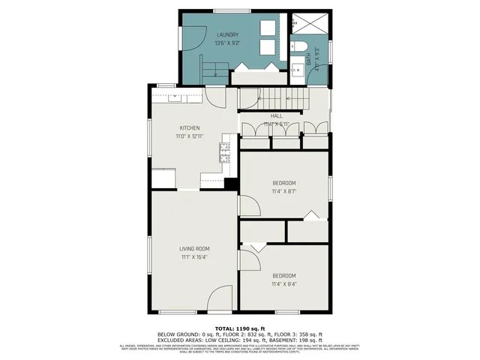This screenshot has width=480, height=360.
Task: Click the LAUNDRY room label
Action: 227,34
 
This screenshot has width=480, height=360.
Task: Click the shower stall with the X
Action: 309,22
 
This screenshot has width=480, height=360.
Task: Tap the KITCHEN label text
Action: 189,127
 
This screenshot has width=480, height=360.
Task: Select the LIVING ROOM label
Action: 193,248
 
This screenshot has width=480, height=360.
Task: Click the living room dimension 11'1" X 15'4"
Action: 193,257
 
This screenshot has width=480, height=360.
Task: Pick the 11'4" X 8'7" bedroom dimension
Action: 283,191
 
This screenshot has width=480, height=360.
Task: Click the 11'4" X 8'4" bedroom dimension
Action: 283,284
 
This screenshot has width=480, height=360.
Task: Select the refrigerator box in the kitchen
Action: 163,178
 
